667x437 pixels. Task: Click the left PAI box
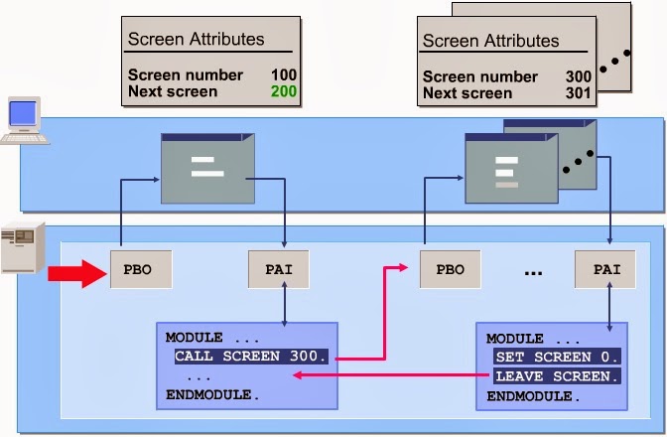pos(278,269)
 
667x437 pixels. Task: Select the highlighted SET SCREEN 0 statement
pos(556,357)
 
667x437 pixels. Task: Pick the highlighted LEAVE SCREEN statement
pos(556,376)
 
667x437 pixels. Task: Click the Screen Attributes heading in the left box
pos(196,40)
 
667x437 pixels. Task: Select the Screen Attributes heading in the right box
pos(490,42)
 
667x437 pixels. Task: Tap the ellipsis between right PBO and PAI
pos(532,272)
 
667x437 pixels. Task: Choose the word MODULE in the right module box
pos(514,339)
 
